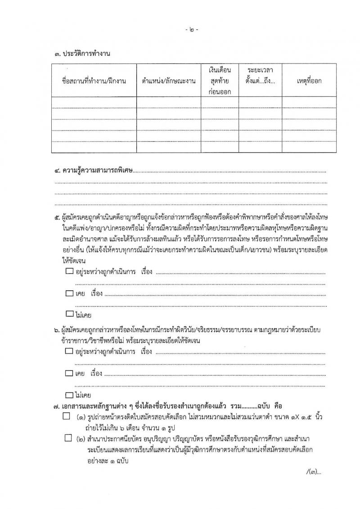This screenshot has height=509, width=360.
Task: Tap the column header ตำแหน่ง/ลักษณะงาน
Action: (168, 81)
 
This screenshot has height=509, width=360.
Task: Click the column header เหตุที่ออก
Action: (309, 81)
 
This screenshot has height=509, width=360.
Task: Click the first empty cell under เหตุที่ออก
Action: (309, 103)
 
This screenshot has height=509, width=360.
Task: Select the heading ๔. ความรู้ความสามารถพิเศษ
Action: (94, 171)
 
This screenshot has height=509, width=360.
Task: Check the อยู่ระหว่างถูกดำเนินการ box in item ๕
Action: (69, 271)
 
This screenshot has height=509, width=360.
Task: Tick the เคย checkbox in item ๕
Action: (69, 293)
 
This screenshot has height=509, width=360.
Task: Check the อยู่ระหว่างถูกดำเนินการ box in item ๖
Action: (69, 350)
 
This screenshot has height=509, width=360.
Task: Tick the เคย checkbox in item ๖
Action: (69, 373)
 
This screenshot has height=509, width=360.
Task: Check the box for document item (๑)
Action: (67, 416)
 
